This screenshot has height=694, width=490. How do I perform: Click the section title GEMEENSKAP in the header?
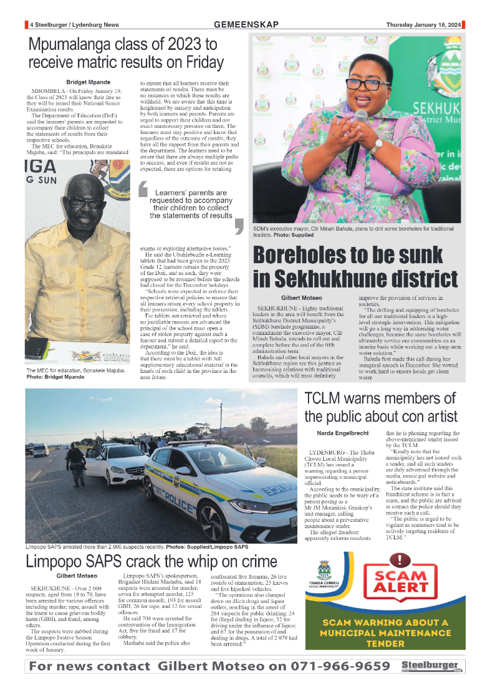[x=246, y=24]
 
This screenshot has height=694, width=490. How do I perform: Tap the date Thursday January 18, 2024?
[x=423, y=25]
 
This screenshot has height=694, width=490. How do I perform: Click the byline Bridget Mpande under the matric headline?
[x=88, y=82]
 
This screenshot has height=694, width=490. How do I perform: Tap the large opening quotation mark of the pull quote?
[x=143, y=189]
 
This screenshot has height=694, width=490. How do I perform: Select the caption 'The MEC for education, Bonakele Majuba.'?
[x=75, y=370]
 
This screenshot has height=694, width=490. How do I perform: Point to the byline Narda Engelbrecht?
[x=343, y=433]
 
